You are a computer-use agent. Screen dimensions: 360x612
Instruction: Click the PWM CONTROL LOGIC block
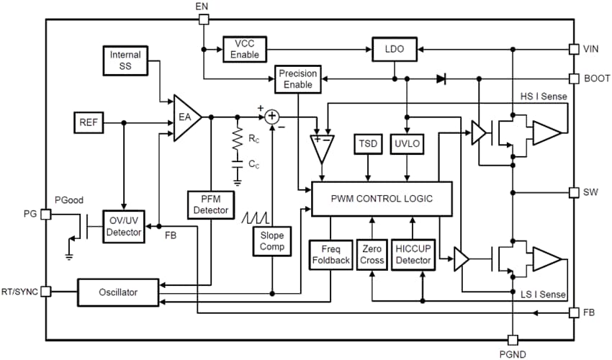coord(381,198)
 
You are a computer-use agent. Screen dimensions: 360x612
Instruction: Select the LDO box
coord(394,49)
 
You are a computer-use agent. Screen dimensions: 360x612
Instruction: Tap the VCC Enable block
coord(244,49)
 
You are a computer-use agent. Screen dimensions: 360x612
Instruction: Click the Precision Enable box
coord(298,78)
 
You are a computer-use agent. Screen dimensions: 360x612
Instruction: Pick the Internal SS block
coord(125,60)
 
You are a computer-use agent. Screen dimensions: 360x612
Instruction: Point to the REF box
coord(89,123)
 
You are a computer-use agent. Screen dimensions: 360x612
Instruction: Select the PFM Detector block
coord(211,205)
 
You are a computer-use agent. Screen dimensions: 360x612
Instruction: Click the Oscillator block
coord(117,292)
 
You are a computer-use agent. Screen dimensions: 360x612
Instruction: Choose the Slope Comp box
coord(272,241)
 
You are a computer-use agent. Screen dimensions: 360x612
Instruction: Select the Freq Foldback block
coord(330,255)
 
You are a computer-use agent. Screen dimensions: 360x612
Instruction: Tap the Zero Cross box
coord(372,255)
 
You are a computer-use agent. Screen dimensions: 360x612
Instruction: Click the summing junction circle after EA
coord(272,116)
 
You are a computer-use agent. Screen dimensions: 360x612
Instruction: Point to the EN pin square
coord(204,19)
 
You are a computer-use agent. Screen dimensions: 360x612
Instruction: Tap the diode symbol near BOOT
coord(441,78)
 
